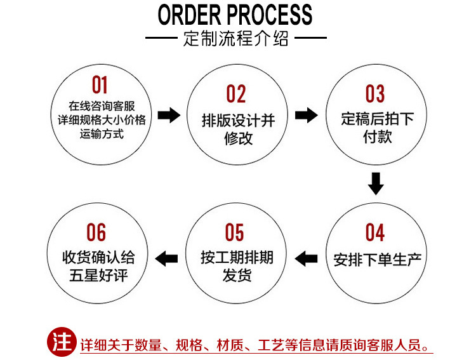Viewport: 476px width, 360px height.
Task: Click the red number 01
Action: pos(100,85)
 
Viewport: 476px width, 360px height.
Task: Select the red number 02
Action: pos(236,95)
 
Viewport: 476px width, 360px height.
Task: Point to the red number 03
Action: pos(375,95)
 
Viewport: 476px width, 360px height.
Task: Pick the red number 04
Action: pos(375,233)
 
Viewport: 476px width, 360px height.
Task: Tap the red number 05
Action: pos(235,233)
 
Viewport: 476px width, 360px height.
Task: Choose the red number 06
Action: pos(96,233)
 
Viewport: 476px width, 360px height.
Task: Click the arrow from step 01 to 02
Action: pos(168,116)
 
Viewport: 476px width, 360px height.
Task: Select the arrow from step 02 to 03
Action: pos(307,116)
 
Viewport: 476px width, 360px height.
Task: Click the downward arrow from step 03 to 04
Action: pos(376,183)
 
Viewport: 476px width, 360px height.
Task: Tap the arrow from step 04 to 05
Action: pos(307,258)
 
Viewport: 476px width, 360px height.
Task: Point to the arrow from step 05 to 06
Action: pos(167,258)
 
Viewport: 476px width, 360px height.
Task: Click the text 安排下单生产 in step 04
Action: pos(377,259)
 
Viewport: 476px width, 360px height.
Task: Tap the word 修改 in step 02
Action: pos(238,138)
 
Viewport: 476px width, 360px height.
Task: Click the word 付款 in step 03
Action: pos(377,137)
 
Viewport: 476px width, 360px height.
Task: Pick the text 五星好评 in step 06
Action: pos(98,276)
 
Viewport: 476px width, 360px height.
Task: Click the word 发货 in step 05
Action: pos(237,276)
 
